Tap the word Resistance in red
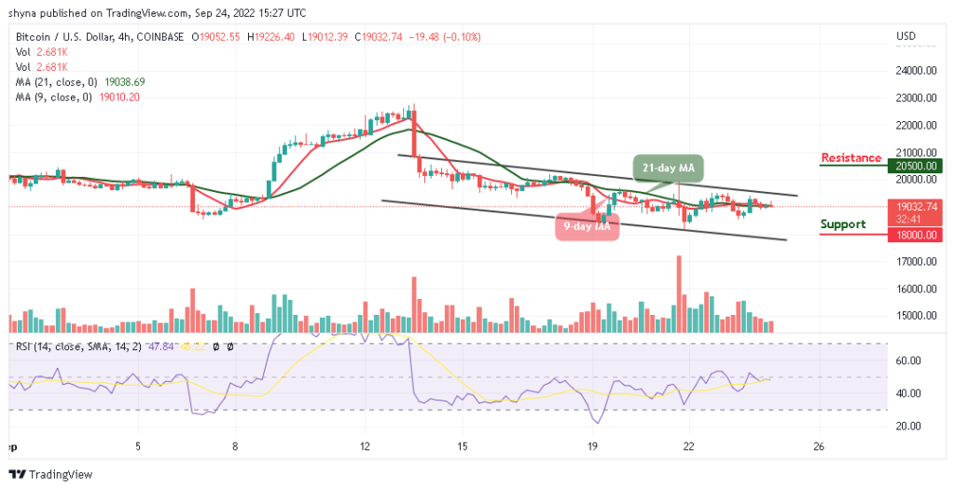pos(851,157)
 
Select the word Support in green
pos(843,224)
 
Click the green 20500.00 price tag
pos(915,166)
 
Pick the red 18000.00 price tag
pos(915,236)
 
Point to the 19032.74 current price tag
pos(915,207)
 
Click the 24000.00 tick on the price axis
pos(915,70)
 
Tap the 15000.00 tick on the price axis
pos(915,316)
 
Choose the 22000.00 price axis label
pos(915,125)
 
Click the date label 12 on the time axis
pos(366,445)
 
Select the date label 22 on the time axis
pos(688,445)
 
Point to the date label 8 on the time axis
pos(236,445)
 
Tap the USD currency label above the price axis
pos(906,36)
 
